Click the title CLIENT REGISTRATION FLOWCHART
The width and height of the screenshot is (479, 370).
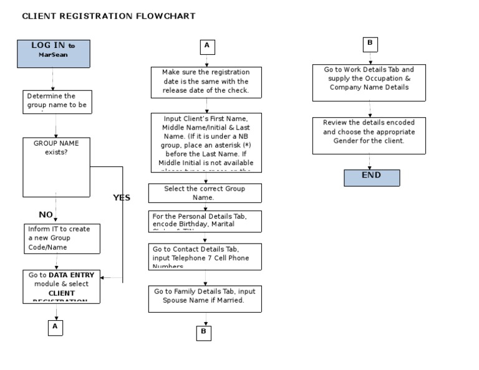109,16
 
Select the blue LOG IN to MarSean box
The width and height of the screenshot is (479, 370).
53,54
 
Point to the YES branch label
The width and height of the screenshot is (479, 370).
122,197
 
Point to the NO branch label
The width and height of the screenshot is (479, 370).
46,215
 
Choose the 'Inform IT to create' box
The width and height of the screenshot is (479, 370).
62,239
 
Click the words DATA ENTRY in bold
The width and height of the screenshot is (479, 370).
72,275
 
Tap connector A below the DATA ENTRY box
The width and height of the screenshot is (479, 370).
56,327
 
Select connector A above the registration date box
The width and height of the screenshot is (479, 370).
207,47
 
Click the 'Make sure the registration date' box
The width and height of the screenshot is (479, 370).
206,82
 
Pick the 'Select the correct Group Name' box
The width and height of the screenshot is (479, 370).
205,192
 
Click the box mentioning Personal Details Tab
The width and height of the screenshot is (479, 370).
205,221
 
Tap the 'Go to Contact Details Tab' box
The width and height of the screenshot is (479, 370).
205,256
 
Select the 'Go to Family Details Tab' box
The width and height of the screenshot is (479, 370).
205,298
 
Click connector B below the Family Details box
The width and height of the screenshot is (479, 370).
203,333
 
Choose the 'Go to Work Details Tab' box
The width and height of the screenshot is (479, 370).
369,82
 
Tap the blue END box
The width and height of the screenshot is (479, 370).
372,178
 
